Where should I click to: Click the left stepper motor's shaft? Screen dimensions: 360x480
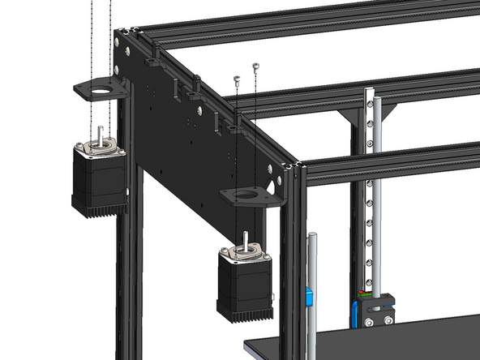100,135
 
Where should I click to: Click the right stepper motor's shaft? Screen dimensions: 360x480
244,238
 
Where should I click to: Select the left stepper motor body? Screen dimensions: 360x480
97,178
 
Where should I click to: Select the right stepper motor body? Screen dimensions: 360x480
242,283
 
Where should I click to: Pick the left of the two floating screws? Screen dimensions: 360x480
237,79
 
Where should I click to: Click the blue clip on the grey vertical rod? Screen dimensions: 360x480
309,297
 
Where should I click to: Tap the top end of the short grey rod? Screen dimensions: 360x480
310,236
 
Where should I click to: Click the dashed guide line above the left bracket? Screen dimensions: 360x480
92,41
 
